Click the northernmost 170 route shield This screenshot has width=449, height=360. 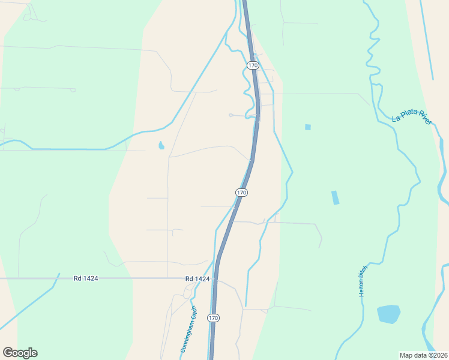[x=253, y=65]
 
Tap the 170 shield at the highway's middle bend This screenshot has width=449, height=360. [x=241, y=193]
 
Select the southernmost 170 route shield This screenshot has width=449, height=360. [x=212, y=317]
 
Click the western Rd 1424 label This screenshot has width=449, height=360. [x=86, y=278]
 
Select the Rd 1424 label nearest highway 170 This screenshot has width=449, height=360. [x=197, y=278]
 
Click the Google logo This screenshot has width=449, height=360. [x=20, y=353]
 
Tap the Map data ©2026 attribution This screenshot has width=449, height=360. [x=424, y=355]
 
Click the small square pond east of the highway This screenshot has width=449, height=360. [x=308, y=127]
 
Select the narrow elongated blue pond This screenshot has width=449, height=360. [x=335, y=197]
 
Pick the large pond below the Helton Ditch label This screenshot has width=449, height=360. [x=388, y=314]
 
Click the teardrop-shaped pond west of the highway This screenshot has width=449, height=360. [x=161, y=145]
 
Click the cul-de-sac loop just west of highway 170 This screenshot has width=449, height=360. [x=231, y=115]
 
